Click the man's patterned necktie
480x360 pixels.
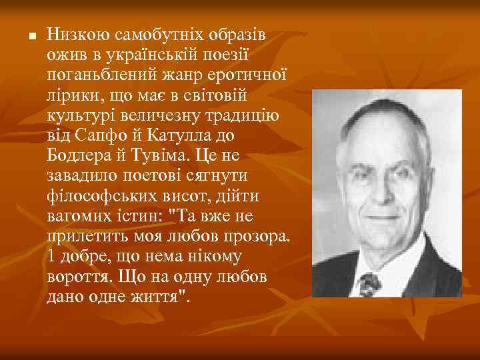370,283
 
